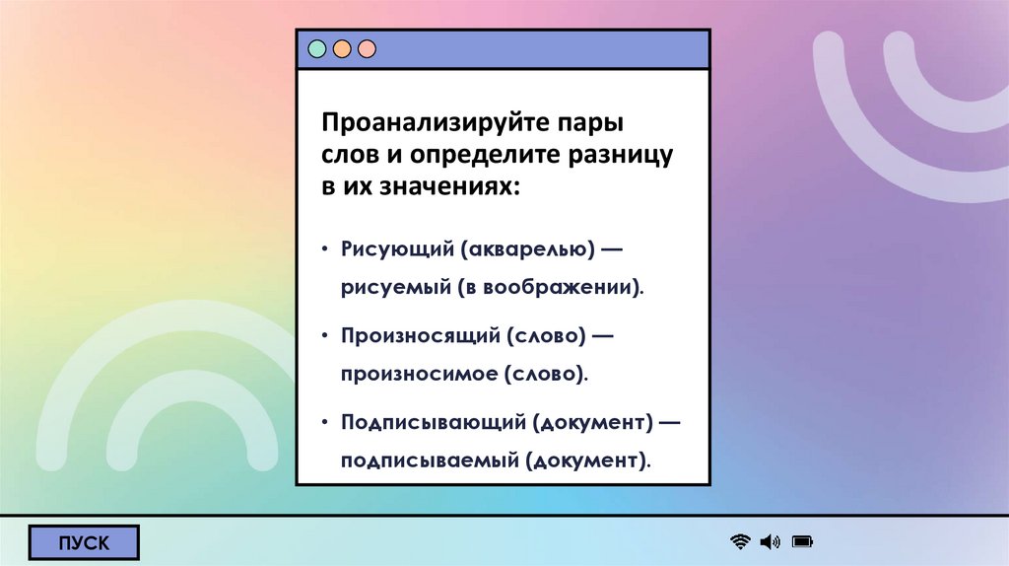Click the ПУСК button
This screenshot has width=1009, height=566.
(84, 542)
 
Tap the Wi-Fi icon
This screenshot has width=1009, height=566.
(740, 541)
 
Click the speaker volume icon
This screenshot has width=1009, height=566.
(770, 541)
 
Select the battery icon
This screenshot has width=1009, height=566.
(802, 541)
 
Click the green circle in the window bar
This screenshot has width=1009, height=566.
(317, 48)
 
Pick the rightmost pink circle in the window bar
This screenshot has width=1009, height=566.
(367, 48)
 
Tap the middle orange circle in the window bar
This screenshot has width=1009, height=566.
(342, 48)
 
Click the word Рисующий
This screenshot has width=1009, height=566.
(394, 249)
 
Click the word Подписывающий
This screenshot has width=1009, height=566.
(433, 422)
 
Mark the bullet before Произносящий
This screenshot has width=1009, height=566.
(324, 336)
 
